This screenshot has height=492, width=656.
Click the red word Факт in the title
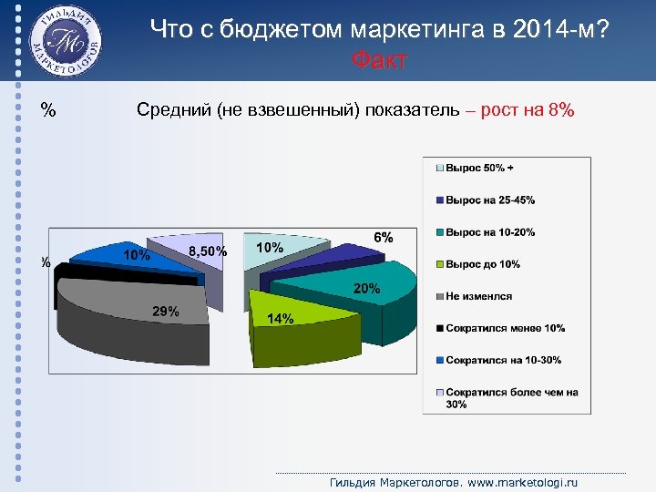pos(378,61)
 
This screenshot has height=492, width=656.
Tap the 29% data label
pos(165,311)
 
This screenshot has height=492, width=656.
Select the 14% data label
pos(280,318)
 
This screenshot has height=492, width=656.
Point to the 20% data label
pos(366,288)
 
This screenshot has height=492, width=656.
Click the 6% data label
pos(384,236)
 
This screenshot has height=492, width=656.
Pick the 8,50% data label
pos(208,251)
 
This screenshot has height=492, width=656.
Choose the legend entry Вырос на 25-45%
pos(489,200)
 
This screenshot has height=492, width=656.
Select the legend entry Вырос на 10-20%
pos(489,232)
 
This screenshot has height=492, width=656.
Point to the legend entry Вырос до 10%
pos(482,264)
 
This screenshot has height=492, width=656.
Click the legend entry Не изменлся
pos(478,296)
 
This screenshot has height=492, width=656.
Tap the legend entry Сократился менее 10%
pos(505,328)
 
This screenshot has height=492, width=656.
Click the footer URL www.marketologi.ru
pos(528,482)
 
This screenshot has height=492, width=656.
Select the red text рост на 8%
pos(533,110)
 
